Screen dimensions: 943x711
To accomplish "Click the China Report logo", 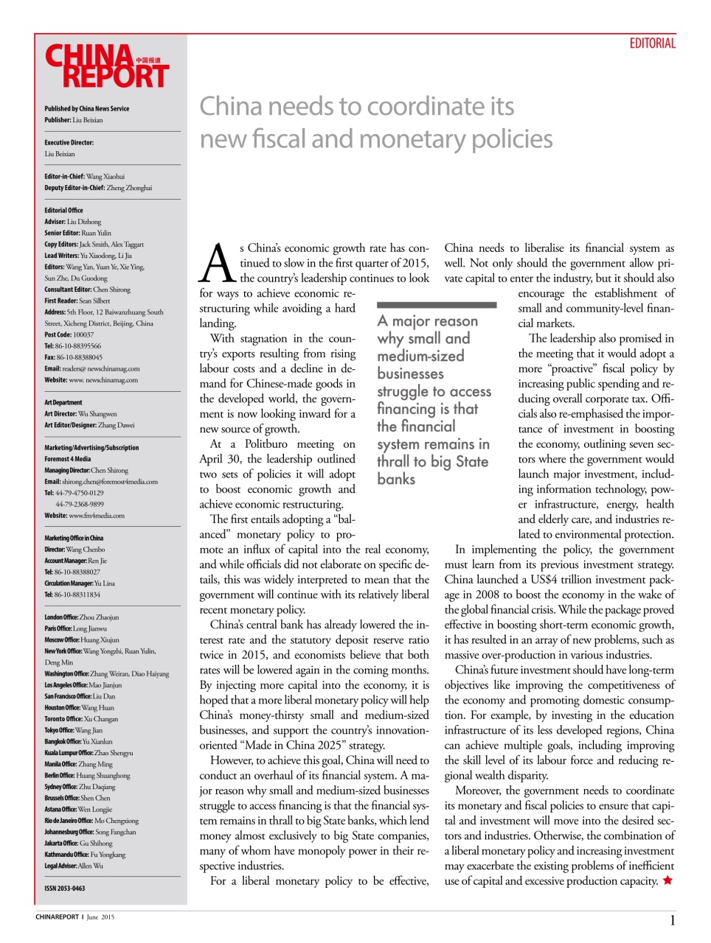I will point(107,66).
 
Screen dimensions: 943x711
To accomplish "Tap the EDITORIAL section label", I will point(652,43).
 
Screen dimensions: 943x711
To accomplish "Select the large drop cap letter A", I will point(218,264).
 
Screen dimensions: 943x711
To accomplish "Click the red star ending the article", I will point(667,880).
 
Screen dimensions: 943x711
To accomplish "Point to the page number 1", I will point(672,920).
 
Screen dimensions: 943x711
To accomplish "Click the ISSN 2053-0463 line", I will point(65,888).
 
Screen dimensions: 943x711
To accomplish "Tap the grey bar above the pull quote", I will point(437,304).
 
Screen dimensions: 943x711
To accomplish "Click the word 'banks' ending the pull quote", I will point(396,479).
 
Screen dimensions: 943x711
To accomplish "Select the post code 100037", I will point(83,334).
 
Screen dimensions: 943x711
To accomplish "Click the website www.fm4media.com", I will point(97,516).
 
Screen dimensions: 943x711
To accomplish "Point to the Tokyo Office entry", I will point(74,730).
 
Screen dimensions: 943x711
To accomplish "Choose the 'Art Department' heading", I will point(63,402).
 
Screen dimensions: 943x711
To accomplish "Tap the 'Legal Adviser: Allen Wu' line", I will point(74,866).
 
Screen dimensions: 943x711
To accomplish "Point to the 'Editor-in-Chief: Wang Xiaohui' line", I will point(85,177).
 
